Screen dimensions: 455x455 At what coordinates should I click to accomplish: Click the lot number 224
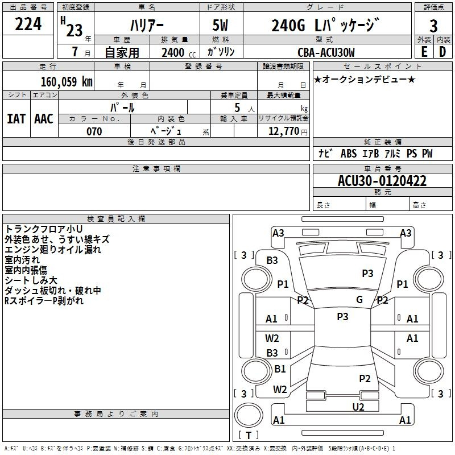pos(28,24)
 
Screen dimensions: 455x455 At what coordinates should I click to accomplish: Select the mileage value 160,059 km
pos(67,81)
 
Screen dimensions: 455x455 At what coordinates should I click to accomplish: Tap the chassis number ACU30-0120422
pos(382,181)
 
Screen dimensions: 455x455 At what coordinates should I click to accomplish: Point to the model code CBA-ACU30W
pos(326,52)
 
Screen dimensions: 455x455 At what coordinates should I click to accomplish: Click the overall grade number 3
pos(433,26)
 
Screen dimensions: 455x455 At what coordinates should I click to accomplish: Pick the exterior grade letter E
pos(424,52)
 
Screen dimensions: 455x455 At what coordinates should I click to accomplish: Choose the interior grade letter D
pos(442,52)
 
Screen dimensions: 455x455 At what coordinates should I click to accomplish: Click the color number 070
pos(94,131)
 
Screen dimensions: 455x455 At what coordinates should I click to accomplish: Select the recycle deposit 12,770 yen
pos(288,131)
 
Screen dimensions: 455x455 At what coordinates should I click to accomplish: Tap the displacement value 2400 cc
pos(179,52)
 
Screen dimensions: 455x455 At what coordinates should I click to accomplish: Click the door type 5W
pos(220,25)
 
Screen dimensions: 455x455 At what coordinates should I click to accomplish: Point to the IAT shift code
pos(16,119)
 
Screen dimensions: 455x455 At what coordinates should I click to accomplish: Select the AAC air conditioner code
pos(44,119)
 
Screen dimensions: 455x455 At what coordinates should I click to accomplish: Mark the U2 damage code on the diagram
pos(358,407)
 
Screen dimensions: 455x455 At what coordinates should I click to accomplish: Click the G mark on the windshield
pos(359,299)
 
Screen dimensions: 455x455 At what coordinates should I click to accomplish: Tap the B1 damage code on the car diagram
pos(280,369)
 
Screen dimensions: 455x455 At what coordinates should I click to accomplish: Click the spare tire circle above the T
pos(249,415)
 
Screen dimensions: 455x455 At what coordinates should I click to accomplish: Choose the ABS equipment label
pos(349,153)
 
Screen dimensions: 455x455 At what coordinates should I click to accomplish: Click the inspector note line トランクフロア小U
pos(44,229)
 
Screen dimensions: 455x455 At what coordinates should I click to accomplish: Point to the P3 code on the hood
pos(367,273)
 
